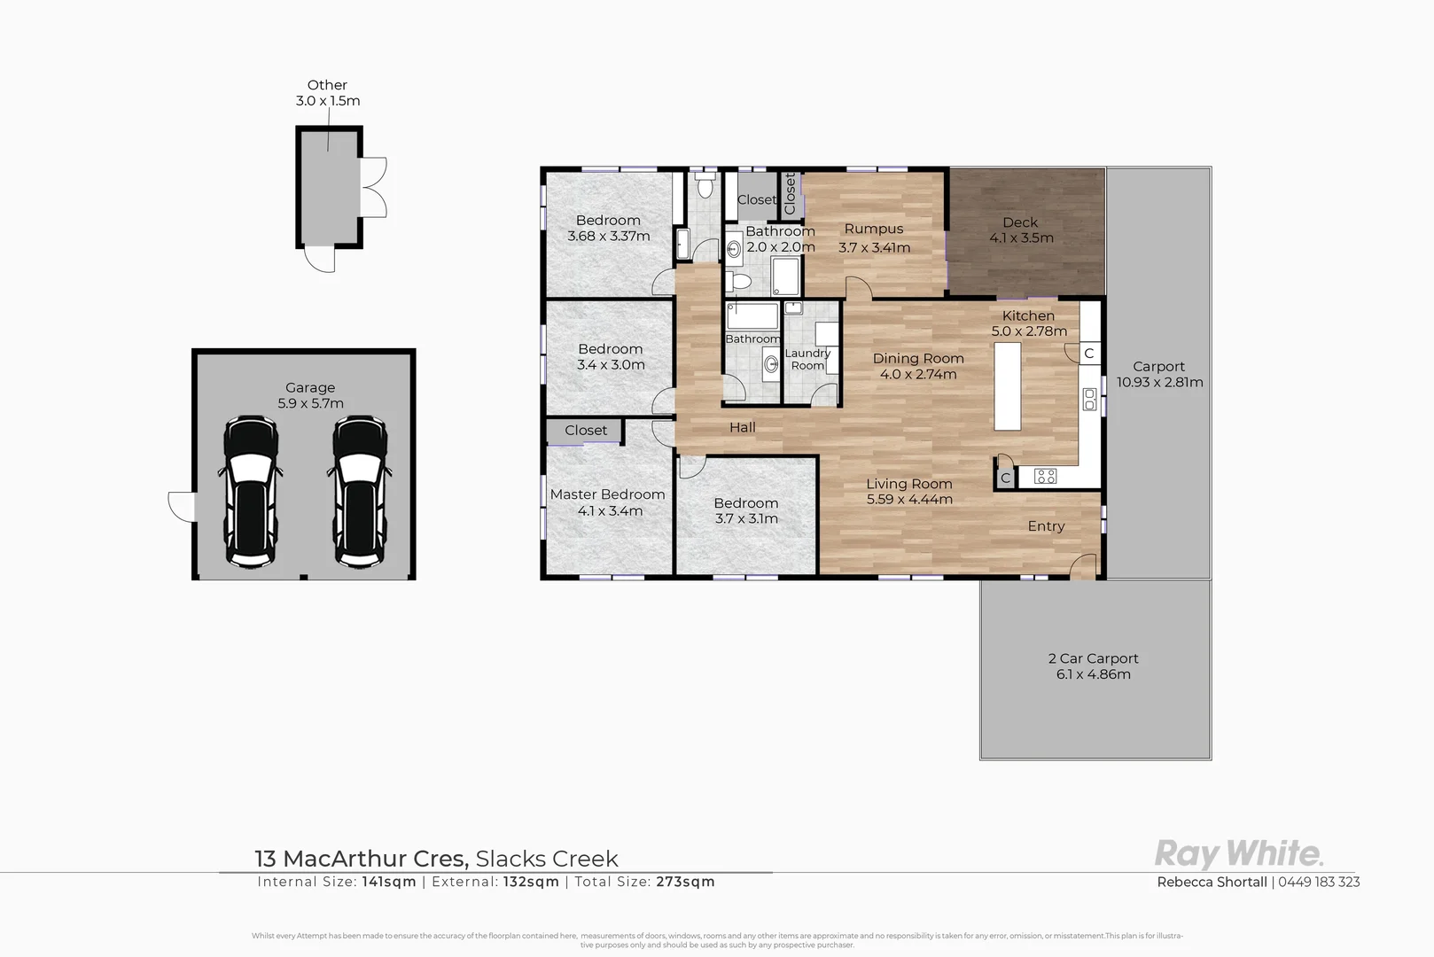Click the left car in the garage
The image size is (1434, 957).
pyautogui.click(x=252, y=492)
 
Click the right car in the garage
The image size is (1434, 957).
pyautogui.click(x=361, y=492)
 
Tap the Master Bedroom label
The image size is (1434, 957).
pyautogui.click(x=607, y=494)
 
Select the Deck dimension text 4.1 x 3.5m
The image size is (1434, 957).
pyautogui.click(x=1021, y=238)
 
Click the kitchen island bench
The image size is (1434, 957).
pyautogui.click(x=1007, y=386)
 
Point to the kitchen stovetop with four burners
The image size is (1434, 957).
pyautogui.click(x=1045, y=477)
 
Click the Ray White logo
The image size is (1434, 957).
pyautogui.click(x=1238, y=854)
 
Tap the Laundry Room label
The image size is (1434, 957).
pyautogui.click(x=807, y=359)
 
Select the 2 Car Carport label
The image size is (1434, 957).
pyautogui.click(x=1093, y=658)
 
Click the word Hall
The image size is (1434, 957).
pyautogui.click(x=743, y=428)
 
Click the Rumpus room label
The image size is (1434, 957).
pyautogui.click(x=873, y=230)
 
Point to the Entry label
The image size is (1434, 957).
pyautogui.click(x=1046, y=526)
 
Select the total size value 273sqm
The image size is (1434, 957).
pyautogui.click(x=685, y=882)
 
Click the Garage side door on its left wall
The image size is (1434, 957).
pyautogui.click(x=181, y=507)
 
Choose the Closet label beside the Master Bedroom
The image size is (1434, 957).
pyautogui.click(x=586, y=431)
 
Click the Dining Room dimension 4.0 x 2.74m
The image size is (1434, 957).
pyautogui.click(x=917, y=375)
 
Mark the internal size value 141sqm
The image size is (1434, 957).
pyautogui.click(x=389, y=882)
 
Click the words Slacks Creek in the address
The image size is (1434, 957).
pyautogui.click(x=547, y=859)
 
